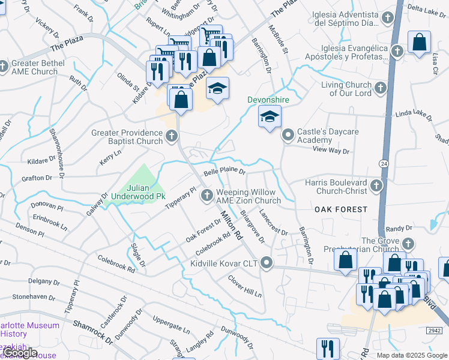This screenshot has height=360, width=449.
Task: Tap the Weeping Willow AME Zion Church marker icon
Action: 207,194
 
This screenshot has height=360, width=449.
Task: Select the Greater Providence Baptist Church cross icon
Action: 171,135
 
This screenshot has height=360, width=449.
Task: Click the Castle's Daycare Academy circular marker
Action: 288,134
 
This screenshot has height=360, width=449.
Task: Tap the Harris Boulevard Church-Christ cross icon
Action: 376,185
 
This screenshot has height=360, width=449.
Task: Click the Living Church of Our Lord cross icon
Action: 379,89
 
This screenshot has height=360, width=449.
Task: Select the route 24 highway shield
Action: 382,163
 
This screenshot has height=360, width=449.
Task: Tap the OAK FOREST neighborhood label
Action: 341,209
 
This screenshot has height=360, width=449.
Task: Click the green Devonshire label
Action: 269,99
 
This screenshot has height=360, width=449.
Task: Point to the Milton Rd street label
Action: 231,224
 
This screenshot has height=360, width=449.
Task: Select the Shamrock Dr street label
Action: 93,331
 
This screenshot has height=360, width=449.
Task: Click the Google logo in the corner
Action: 20,353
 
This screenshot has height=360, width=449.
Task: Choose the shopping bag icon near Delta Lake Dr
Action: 419,42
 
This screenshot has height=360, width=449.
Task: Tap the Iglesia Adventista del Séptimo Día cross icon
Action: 388,18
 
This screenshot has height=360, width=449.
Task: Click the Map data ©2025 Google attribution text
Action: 411,355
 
